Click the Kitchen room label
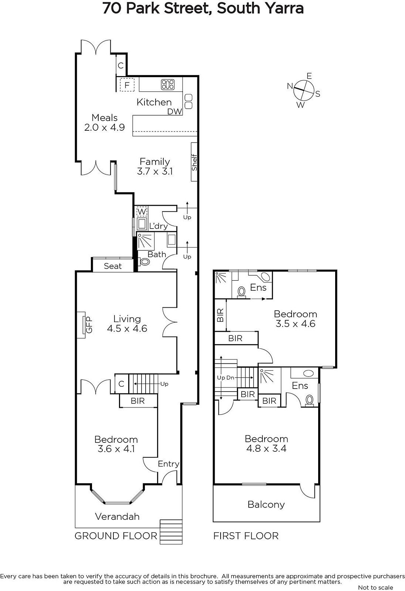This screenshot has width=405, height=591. (154, 102)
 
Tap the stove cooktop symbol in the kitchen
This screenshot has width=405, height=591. (168, 85)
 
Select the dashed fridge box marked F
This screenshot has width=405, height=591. (127, 85)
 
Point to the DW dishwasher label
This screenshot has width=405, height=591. (174, 112)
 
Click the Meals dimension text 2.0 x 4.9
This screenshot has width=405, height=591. (105, 127)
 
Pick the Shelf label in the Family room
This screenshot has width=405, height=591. (195, 162)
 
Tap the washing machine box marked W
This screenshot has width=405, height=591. (142, 211)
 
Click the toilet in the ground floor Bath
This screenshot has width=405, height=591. (144, 262)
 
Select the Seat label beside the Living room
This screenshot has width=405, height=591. (113, 266)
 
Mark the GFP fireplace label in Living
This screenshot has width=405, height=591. (89, 325)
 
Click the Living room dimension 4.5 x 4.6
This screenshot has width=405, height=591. (127, 328)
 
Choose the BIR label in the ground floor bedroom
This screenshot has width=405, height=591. (138, 401)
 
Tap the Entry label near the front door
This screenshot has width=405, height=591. (169, 464)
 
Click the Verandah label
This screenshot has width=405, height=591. (117, 516)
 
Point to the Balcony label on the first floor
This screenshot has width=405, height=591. (266, 505)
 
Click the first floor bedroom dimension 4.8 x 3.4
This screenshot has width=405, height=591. (266, 448)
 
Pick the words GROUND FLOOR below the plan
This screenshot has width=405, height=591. (116, 536)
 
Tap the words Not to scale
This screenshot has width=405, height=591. (376, 588)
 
